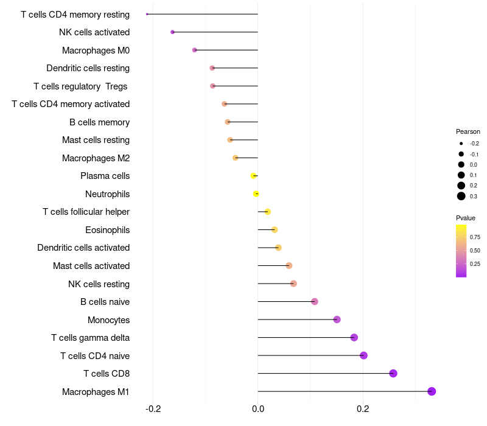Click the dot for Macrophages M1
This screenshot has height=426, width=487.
point(432,391)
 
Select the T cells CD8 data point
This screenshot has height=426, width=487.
point(393,373)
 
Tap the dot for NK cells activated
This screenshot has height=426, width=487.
point(172,32)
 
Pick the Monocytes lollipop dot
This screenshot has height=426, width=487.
point(337,319)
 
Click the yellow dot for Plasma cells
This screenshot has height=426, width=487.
point(253,176)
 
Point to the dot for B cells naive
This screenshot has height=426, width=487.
point(314,301)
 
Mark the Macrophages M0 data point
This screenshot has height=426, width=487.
point(194,50)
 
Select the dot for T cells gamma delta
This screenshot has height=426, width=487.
point(354,337)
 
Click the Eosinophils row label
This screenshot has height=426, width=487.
point(107,230)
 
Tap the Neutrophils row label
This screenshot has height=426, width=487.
point(107,194)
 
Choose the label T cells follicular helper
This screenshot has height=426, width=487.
point(86,212)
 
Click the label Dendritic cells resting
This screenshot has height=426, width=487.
point(88,68)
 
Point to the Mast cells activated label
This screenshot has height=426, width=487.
point(91,266)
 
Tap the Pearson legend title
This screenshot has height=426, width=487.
point(468,131)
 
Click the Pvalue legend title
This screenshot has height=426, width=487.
point(466,218)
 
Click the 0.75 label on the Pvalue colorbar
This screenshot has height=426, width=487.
point(475,237)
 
